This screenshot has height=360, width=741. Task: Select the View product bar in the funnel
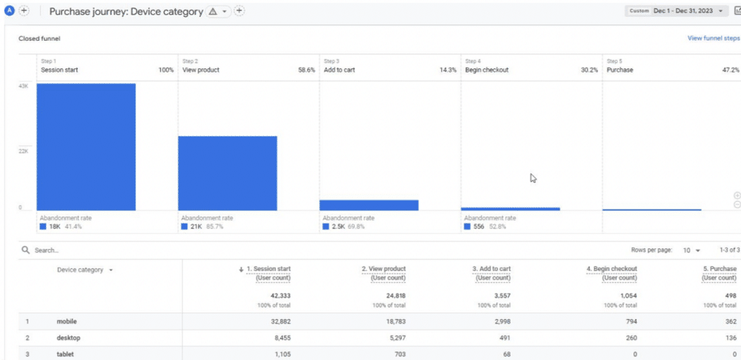(x=227, y=173)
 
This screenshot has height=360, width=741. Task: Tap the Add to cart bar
(x=369, y=205)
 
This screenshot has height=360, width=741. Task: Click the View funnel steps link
(x=713, y=39)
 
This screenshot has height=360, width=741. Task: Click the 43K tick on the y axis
(x=24, y=86)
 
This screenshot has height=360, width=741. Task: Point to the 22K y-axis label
(x=24, y=151)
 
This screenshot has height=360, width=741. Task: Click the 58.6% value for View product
(x=307, y=70)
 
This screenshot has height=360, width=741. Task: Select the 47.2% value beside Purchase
(x=731, y=70)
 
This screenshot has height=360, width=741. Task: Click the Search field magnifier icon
(x=26, y=250)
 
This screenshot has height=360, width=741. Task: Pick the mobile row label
(x=67, y=321)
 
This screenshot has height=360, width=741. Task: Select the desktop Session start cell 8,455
(x=278, y=338)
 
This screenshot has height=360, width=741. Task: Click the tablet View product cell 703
(x=398, y=354)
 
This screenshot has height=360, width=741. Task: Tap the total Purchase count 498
(x=731, y=295)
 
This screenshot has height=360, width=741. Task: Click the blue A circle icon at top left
(x=10, y=11)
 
